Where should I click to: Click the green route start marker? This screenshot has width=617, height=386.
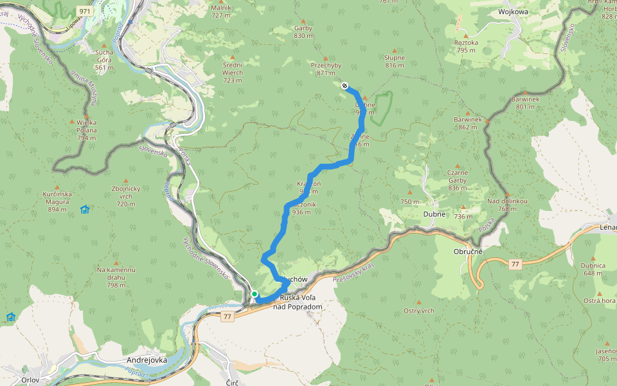255,294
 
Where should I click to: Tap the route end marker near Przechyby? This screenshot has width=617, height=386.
345,86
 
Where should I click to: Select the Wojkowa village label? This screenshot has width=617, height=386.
512,12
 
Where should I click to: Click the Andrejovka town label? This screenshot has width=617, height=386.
145,360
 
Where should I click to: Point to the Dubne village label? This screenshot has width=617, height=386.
434,215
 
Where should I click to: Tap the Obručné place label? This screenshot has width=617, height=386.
467,251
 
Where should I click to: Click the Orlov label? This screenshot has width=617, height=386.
30,380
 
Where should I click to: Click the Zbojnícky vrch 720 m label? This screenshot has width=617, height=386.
126,200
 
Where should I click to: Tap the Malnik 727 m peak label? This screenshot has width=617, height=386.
220,11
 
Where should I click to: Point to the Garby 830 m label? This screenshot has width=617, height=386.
303,32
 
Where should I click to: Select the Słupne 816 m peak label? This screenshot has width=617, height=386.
395,61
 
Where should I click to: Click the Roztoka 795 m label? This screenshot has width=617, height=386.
466,46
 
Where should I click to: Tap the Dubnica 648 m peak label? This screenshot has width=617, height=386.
593,269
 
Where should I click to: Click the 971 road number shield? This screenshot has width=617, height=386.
84,12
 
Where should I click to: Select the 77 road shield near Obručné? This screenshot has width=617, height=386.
515,264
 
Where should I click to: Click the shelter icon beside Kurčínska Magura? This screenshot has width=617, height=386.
85,209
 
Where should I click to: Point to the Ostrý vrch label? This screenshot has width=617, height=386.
419,311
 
